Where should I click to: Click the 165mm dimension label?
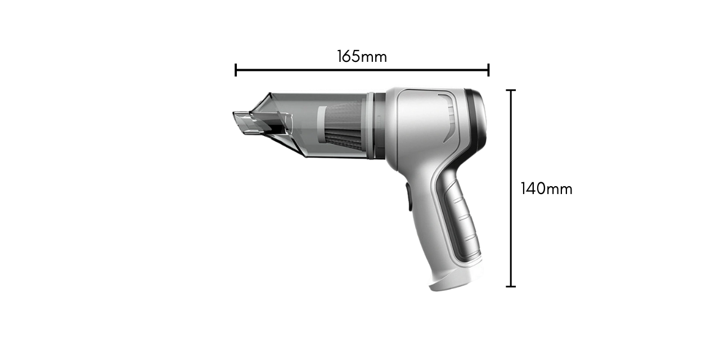[x=362, y=57]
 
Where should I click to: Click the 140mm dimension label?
[x=546, y=188]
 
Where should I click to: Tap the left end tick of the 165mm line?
[x=236, y=70]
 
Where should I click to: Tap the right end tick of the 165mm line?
[x=489, y=70]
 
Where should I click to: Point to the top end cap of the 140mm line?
[x=511, y=91]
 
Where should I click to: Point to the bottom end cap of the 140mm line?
[x=511, y=286]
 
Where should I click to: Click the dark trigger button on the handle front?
[x=408, y=196]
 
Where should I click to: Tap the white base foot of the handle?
[x=456, y=280]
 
